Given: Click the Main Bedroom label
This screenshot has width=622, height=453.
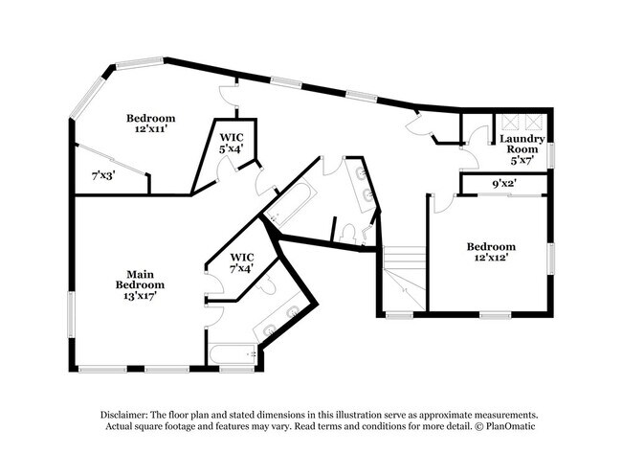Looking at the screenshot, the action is click(140, 280).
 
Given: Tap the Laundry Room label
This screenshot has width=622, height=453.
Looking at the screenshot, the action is click(522, 144).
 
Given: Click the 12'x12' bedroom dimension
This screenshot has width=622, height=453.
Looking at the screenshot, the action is click(491, 257).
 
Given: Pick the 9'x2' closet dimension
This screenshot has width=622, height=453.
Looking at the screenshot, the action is click(504, 184).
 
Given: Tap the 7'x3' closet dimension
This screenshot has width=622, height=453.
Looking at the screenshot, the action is click(103, 175).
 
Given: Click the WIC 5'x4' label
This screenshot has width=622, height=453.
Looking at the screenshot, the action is click(232, 144).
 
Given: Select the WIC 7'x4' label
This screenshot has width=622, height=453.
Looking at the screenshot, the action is click(241, 262).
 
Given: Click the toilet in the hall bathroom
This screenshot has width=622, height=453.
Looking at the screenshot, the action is click(348, 235).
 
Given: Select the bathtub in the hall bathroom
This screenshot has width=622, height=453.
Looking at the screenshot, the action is click(290, 203).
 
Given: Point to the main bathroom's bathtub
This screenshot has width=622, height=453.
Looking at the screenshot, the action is click(233, 354).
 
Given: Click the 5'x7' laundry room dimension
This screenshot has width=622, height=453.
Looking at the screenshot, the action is click(522, 160).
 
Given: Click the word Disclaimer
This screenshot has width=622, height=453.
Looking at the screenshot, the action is click(124, 415).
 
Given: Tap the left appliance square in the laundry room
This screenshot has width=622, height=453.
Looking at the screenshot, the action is click(509, 123).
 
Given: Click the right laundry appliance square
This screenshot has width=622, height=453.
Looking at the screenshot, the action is click(533, 123).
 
